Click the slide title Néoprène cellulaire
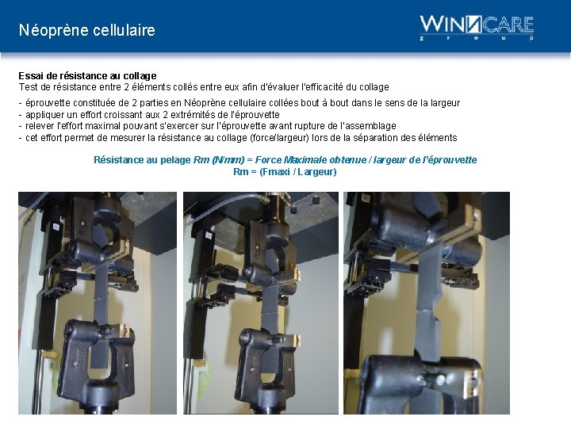pyautogui.click(x=87, y=31)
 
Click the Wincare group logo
pyautogui.click(x=476, y=27)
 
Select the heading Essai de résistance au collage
pyautogui.click(x=87, y=76)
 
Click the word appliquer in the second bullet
pyautogui.click(x=46, y=115)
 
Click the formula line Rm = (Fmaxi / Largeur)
pyautogui.click(x=285, y=172)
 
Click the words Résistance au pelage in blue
pyautogui.click(x=142, y=160)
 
